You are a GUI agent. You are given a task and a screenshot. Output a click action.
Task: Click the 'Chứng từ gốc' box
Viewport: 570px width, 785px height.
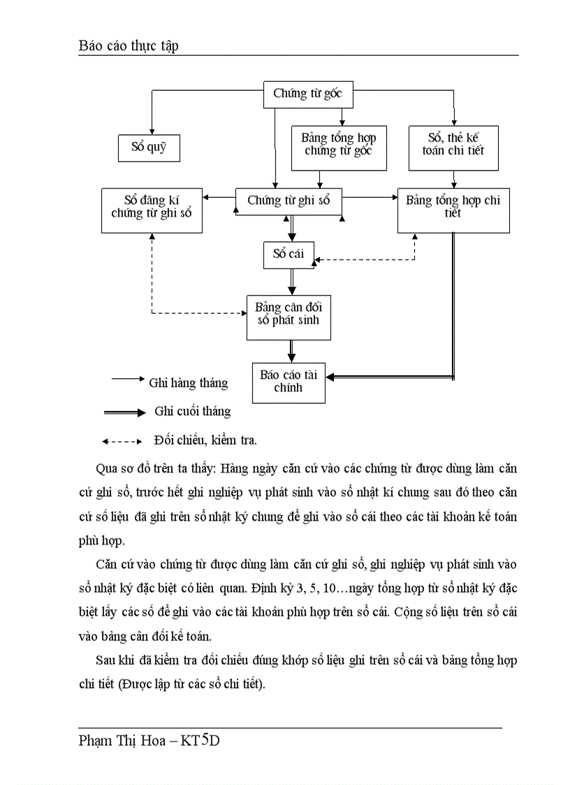pyautogui.click(x=307, y=94)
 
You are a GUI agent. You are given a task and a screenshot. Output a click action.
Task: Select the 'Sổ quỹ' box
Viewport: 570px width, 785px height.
pyautogui.click(x=147, y=147)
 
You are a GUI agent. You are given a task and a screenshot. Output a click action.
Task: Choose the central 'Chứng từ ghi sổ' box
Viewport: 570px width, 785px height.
pyautogui.click(x=288, y=201)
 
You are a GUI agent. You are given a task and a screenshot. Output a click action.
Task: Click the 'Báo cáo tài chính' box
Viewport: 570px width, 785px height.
pyautogui.click(x=288, y=382)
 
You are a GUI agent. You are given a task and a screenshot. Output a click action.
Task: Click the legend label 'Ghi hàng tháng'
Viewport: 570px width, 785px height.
pyautogui.click(x=188, y=383)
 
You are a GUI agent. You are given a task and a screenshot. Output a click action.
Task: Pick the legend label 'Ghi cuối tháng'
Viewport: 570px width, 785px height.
pyautogui.click(x=192, y=412)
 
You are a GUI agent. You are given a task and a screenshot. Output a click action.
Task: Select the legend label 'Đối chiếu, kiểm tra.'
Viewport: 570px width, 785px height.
pyautogui.click(x=205, y=440)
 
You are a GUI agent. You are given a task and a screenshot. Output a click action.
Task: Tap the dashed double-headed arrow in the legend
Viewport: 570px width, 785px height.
pyautogui.click(x=122, y=441)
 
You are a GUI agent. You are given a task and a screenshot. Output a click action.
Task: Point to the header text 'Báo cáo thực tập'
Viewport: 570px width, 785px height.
pyautogui.click(x=128, y=45)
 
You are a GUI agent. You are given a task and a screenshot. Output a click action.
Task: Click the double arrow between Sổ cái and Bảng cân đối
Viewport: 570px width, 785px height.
pyautogui.click(x=291, y=281)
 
